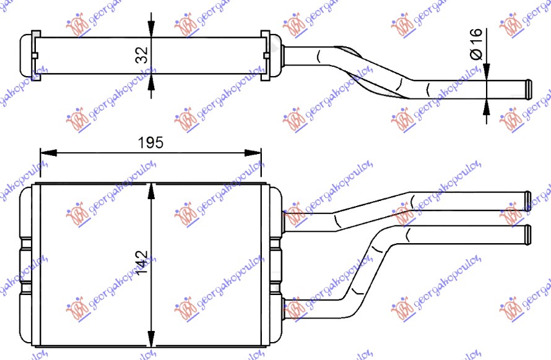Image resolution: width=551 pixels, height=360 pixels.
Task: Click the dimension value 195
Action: coord(150,142)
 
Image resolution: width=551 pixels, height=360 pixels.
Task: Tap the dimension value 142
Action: coord(142,264)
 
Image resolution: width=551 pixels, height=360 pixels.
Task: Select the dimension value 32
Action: coord(142,55)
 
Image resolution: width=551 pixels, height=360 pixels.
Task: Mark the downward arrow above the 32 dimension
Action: coord(150,28)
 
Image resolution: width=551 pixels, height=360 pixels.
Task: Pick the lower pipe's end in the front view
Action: coord(527,233)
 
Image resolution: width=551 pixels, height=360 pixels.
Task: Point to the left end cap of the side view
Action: coord(28,55)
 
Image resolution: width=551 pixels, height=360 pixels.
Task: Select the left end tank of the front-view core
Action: coord(28,265)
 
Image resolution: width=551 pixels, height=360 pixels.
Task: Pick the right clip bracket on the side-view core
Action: coord(266,55)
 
